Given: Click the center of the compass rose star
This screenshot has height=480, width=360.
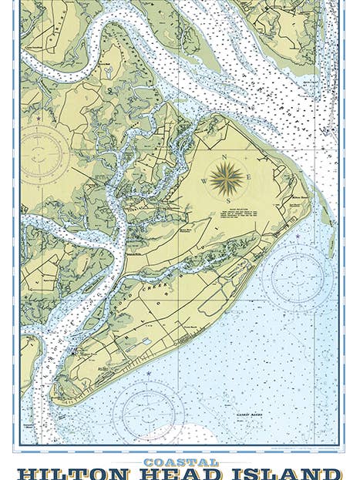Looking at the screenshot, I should coord(226,179).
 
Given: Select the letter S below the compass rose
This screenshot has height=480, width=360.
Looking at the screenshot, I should coord(227,200).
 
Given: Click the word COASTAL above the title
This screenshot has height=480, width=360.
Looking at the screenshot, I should coord(180,462).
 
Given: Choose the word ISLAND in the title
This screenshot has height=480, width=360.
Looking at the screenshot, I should coord(286,474).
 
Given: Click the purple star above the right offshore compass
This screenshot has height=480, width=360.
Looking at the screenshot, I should coord(298,233).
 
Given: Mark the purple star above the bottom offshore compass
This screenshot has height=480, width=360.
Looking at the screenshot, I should coord(148,374).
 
